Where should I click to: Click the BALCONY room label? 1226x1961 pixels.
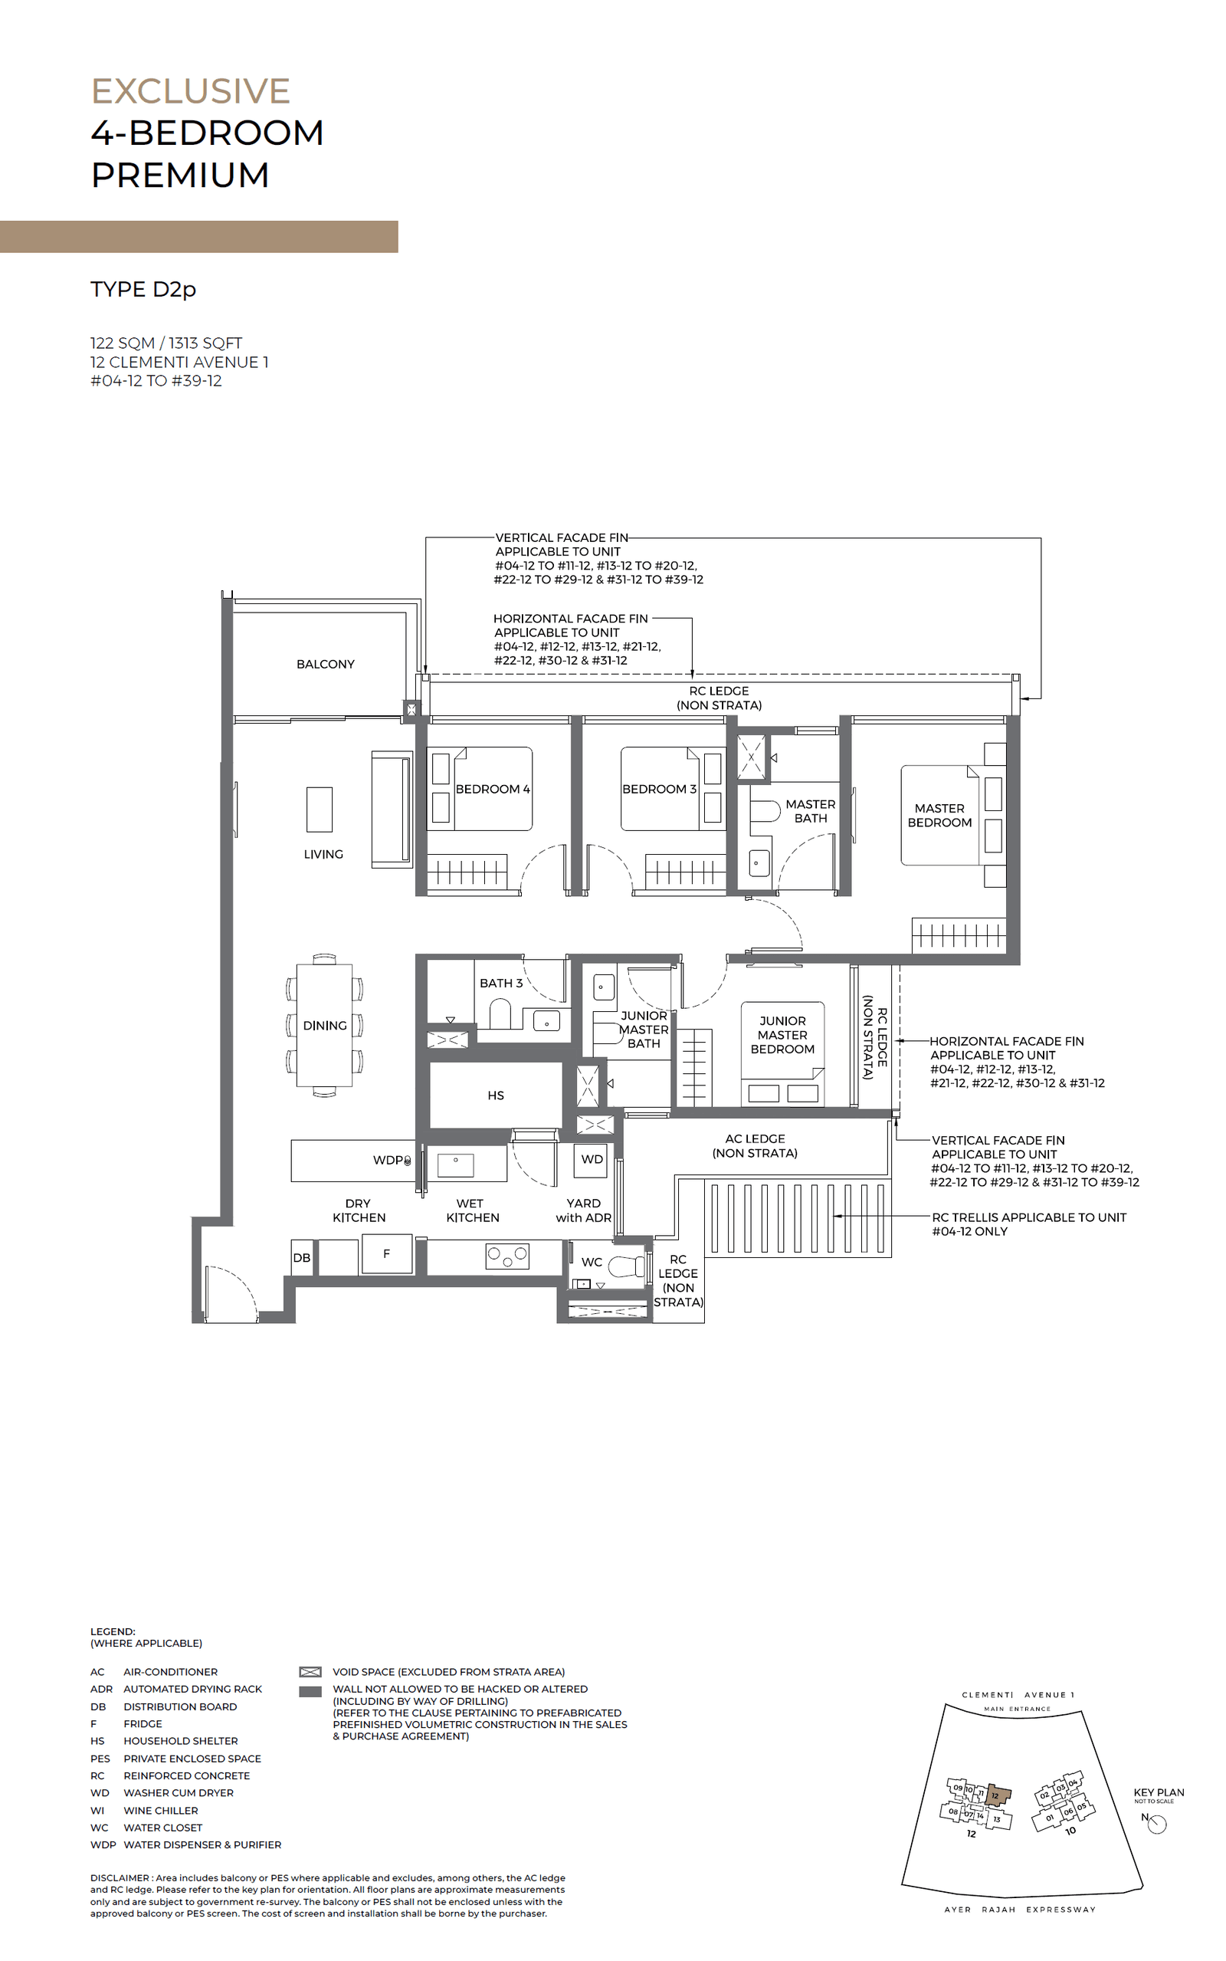pos(325,664)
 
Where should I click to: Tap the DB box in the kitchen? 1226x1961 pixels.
pos(302,1258)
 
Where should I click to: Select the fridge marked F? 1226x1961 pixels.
pos(387,1254)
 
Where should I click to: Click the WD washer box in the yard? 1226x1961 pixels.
pos(592,1160)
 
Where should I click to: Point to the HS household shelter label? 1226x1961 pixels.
pos(496,1095)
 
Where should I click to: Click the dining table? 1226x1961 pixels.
pos(324,1026)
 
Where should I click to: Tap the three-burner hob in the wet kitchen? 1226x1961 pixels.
pos(506,1257)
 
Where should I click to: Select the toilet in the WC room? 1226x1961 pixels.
pos(627,1266)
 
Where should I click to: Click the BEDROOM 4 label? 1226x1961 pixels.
pos(492,789)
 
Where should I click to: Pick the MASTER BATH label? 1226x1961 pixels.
pos(810,811)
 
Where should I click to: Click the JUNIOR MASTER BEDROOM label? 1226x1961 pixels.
pos(782,1035)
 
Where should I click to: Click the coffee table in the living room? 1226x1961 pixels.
pos(320,810)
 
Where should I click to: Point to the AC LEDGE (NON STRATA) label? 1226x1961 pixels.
pos(755,1146)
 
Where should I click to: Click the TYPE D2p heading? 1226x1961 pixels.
pos(143,290)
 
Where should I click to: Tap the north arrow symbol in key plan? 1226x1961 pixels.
pos(1157,1824)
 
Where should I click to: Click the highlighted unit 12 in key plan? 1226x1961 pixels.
pos(998,1795)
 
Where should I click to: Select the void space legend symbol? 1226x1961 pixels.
pos(310,1672)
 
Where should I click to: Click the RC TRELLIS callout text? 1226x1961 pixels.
pos(1028,1224)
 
